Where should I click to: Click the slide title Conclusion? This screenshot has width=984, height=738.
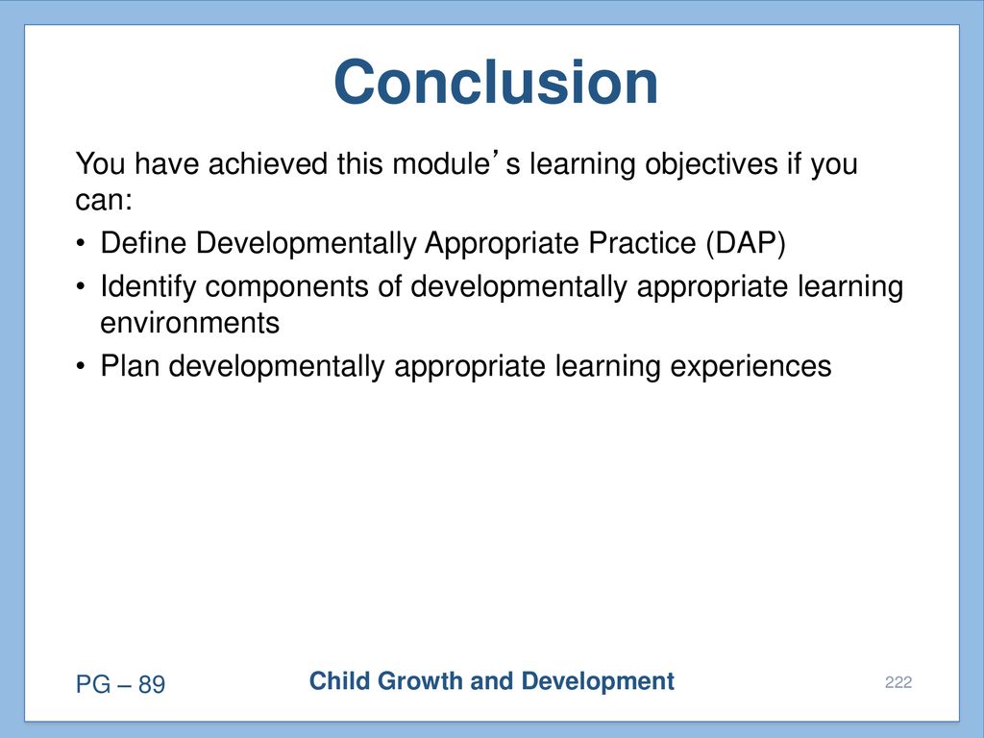point(496,83)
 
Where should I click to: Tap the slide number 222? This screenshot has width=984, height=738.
point(898,682)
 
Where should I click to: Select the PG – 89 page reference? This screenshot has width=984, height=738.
point(120,684)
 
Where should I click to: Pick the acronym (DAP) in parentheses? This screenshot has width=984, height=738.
point(746,243)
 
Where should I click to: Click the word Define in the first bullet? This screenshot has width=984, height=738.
point(144,243)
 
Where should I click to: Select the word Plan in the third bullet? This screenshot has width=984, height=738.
point(130,366)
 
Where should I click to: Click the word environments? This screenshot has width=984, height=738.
point(189,323)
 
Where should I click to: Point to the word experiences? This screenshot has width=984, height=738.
point(750,367)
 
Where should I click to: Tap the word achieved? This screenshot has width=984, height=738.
point(268,163)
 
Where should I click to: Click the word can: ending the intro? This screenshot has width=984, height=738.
point(104,201)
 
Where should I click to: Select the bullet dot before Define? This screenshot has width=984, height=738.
point(81,244)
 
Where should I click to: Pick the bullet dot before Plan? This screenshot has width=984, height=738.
point(81,367)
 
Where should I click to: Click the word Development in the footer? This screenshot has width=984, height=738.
point(598,681)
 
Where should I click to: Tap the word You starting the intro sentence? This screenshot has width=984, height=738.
point(100,163)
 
